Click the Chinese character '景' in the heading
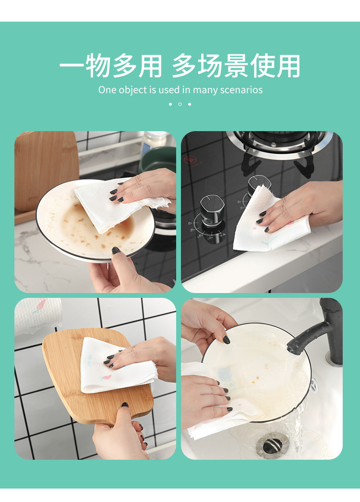pos(236,66)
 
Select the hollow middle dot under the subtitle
pos(180,104)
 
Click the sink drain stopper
pos(273,445)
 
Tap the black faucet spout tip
pos(291,348)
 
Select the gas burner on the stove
pos(279,144)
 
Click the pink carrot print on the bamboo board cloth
pos(106,378)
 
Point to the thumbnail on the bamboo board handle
pos(125,405)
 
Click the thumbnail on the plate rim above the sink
pos(226,340)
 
